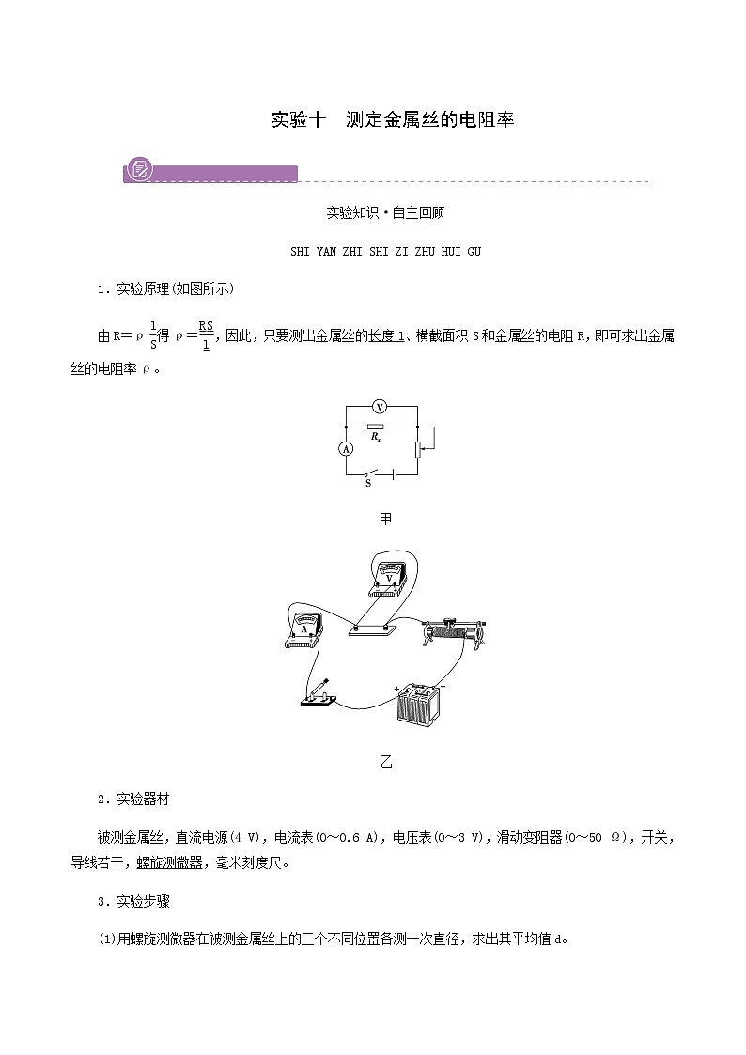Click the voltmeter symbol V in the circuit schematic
click(380, 406)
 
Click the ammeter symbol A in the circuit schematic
click(346, 450)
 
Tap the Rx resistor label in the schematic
click(375, 436)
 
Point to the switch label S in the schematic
click(367, 483)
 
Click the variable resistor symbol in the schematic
click(418, 449)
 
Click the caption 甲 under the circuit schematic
click(384, 518)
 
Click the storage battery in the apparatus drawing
click(417, 713)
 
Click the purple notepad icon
click(141, 171)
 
